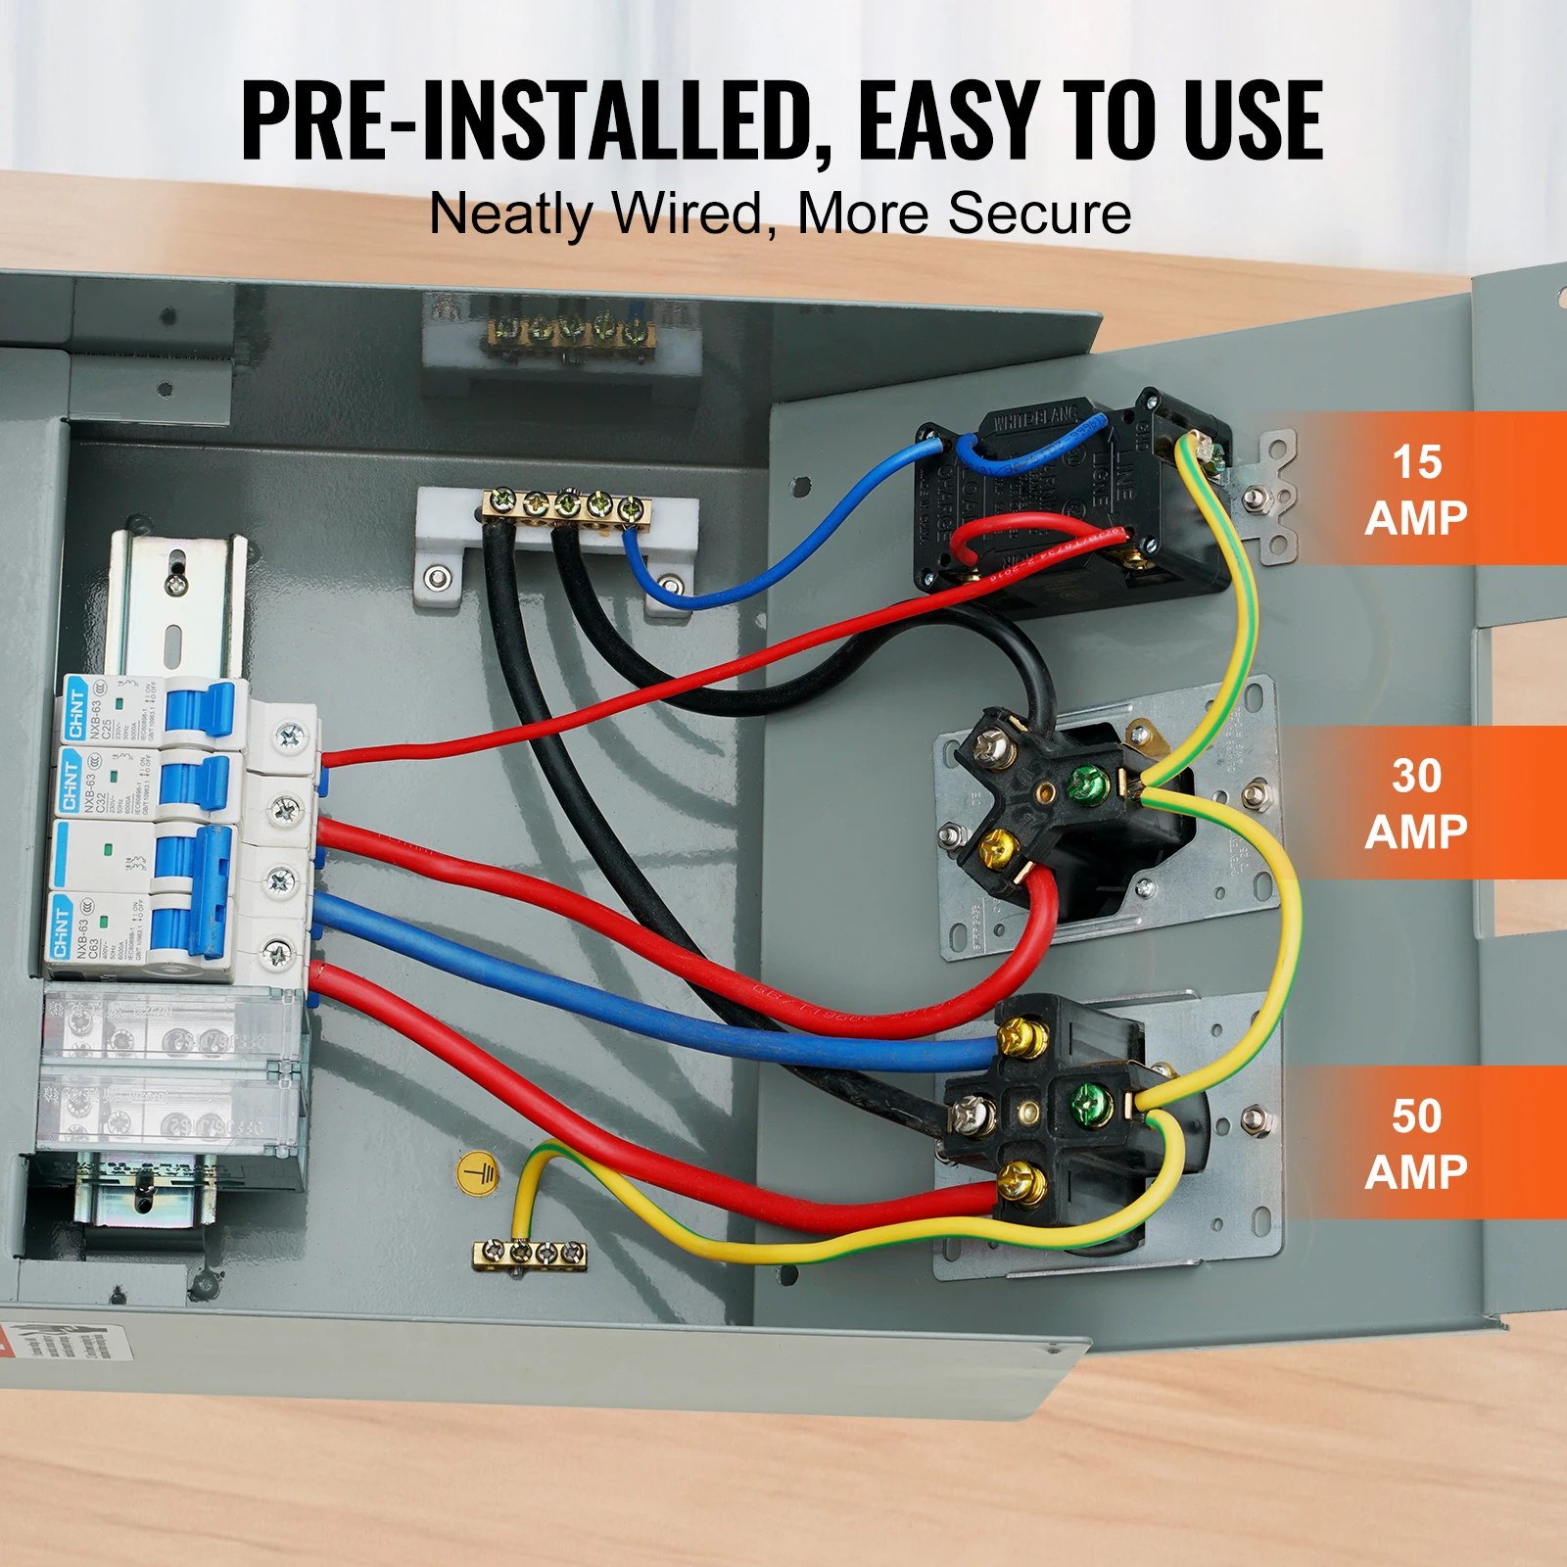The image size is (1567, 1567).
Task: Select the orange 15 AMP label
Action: (x=1416, y=489)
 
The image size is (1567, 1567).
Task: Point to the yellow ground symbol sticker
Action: (x=478, y=1172)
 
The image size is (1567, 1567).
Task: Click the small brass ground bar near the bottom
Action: (x=530, y=1253)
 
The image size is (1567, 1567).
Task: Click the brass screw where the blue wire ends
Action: (x=1020, y=1035)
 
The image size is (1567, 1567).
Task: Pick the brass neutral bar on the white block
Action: (x=566, y=506)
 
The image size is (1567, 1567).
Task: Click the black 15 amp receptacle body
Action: (x=1068, y=499)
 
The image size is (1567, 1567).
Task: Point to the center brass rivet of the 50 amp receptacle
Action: (x=1028, y=1110)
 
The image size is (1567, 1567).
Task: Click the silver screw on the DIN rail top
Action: (x=176, y=585)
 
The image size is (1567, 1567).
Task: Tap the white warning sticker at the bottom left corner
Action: (x=69, y=1343)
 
